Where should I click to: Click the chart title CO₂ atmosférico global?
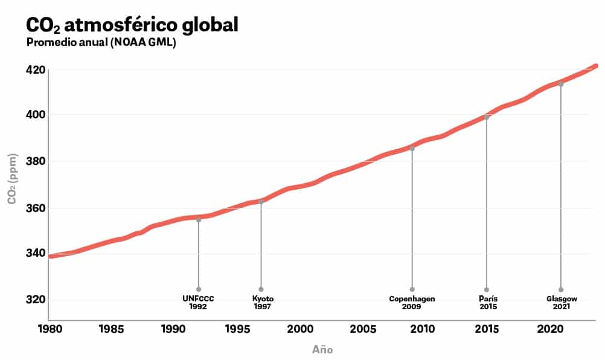coord(132,25)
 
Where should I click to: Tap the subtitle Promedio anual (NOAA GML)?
coord(101,43)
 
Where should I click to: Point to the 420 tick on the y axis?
coord(36,69)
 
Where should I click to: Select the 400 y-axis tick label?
coord(36,115)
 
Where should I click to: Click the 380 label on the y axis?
coord(36,161)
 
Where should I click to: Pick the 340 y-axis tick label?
coord(36,253)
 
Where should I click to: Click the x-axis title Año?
coord(322,350)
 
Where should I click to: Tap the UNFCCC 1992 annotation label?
coord(199,303)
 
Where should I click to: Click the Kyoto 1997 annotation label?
coord(262,303)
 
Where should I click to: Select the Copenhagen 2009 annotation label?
coord(412,303)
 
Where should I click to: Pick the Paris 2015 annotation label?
coord(487,303)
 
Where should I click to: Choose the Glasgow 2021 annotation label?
coord(562,303)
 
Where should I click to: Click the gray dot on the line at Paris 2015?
coord(487,117)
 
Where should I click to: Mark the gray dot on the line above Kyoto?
coord(261,202)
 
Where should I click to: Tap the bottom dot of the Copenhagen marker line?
coord(412,289)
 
